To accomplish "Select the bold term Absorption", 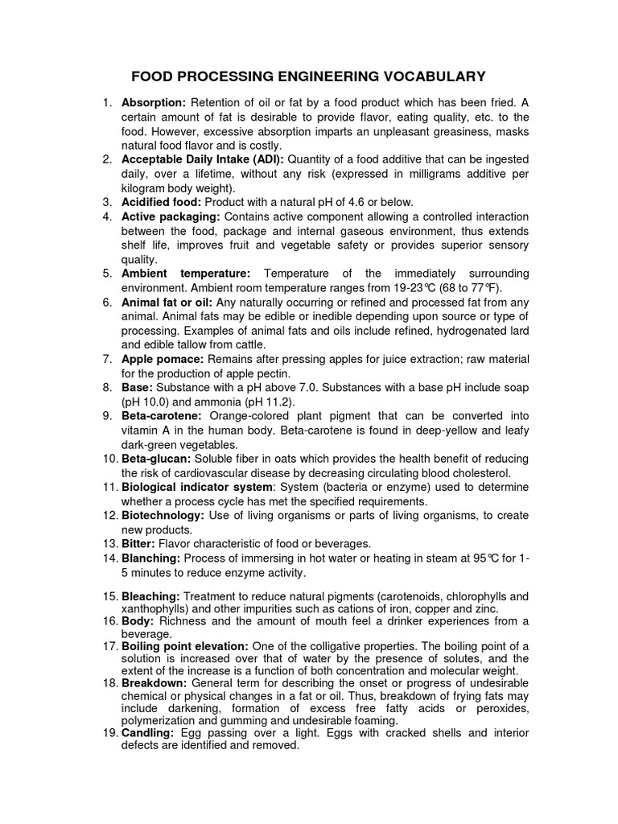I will pos(154,103).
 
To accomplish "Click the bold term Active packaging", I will pos(171,216).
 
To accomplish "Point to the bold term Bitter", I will pos(139,544).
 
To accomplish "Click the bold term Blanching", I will pos(151,558).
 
